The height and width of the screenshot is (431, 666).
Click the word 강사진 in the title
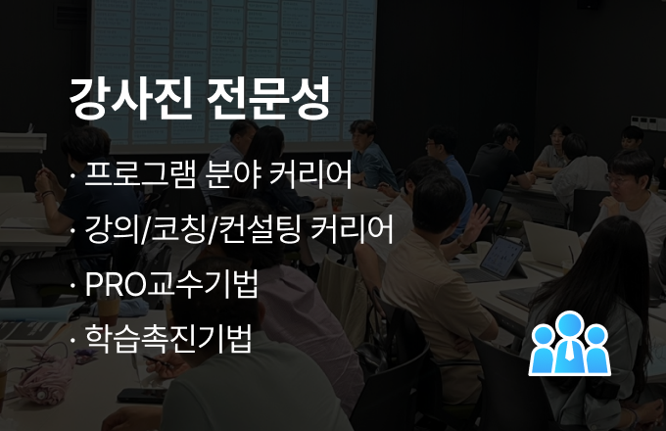tap(130, 98)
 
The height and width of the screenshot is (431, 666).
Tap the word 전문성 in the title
tap(268, 98)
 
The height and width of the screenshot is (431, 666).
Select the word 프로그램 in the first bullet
tap(140, 174)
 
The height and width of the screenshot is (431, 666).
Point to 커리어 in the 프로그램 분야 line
tap(310, 174)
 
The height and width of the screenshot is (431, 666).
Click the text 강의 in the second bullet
tap(113, 230)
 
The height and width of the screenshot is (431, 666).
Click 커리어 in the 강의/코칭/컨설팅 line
tap(352, 230)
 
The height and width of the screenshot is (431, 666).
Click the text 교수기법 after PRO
tap(202, 284)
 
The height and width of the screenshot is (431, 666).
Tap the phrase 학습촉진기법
tap(168, 339)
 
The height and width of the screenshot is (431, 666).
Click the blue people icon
tap(570, 344)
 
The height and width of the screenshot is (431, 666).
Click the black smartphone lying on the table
tap(141, 396)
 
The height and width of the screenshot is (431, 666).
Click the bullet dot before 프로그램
tap(72, 175)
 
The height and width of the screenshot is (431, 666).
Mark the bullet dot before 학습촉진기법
tap(72, 340)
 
